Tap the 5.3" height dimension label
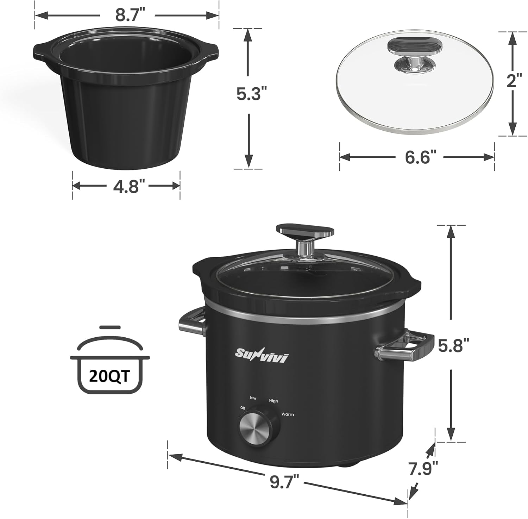[x=249, y=94]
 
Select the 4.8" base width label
[x=126, y=186]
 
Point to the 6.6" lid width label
[x=418, y=157]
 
